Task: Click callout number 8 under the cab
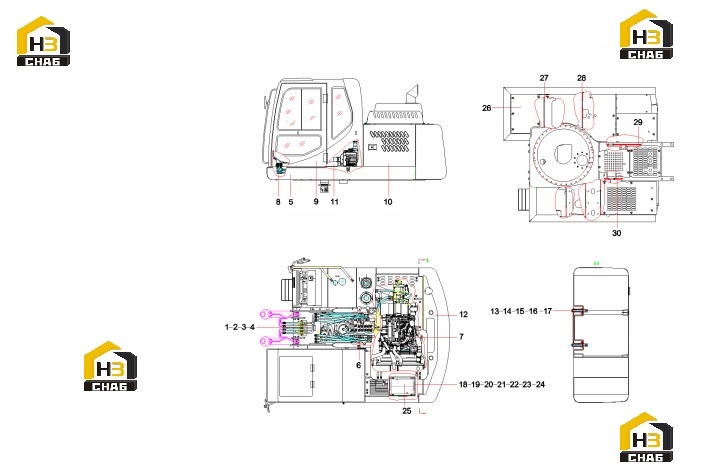278,202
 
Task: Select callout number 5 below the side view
291,202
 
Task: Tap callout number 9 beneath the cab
316,201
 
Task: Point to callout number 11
334,201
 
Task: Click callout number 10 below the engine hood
388,202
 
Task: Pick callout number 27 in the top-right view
544,78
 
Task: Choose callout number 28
582,78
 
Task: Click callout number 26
486,108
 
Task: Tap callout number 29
638,122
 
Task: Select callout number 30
616,233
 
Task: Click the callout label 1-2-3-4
240,327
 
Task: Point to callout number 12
463,314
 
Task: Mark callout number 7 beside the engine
461,336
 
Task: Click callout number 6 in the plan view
359,365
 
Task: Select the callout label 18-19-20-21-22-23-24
502,385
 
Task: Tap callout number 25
407,411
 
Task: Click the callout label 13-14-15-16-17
521,311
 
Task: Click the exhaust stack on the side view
413,94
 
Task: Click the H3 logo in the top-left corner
43,42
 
